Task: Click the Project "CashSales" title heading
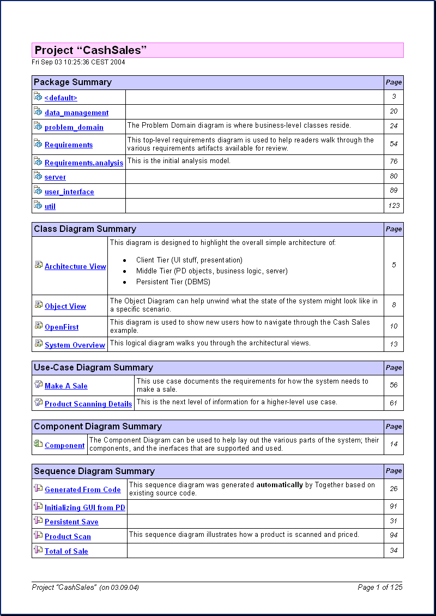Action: [91, 51]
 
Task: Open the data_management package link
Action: [76, 113]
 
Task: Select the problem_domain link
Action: [74, 128]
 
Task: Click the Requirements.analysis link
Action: [84, 163]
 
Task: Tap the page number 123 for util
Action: [393, 206]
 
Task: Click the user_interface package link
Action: [69, 192]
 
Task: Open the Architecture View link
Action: [75, 267]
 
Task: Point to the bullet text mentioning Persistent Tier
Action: [173, 282]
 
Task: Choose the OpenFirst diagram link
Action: [62, 327]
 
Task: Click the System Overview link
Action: [75, 345]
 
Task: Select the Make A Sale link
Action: [66, 386]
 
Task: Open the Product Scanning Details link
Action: [88, 404]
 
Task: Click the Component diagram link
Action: [65, 446]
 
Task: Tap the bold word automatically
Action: [279, 485]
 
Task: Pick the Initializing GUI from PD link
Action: [85, 508]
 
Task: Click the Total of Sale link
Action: [66, 552]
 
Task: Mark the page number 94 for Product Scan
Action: [393, 536]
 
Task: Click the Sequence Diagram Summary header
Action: [94, 471]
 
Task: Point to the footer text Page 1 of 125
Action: [380, 588]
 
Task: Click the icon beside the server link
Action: [38, 176]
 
